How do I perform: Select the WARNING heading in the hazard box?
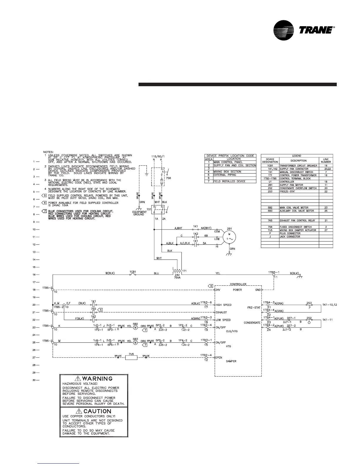(x=94, y=378)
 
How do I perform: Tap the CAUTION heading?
(x=94, y=411)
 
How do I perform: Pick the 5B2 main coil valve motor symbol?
(x=135, y=327)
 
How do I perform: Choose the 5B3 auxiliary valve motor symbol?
(x=135, y=342)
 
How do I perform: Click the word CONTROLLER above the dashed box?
(x=238, y=284)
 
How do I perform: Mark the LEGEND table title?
(x=297, y=156)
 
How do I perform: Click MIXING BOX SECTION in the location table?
(x=227, y=172)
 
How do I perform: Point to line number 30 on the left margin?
(x=34, y=380)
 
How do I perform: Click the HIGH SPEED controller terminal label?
(x=224, y=305)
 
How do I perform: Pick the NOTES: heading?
(x=49, y=152)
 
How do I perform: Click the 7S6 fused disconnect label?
(x=169, y=178)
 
